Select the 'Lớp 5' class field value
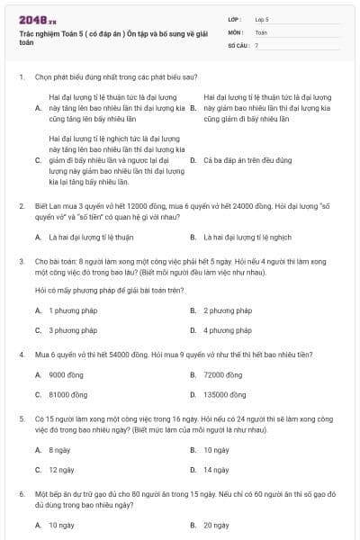[262, 18]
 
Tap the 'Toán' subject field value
[261, 31]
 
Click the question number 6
[21, 494]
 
